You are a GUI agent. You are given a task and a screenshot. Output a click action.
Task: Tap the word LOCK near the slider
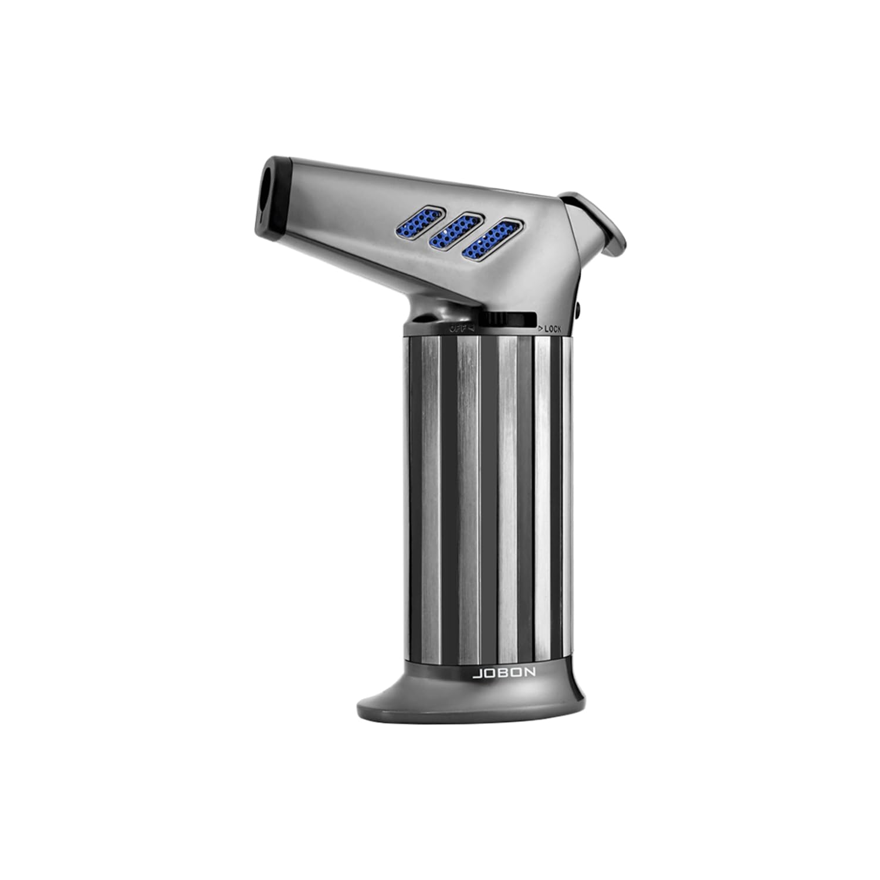point(553,329)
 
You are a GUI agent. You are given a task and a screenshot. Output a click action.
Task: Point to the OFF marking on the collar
point(458,328)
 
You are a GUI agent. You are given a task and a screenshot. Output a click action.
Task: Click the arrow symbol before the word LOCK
point(539,329)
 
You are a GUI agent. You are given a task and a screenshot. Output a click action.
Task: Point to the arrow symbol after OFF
point(471,328)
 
